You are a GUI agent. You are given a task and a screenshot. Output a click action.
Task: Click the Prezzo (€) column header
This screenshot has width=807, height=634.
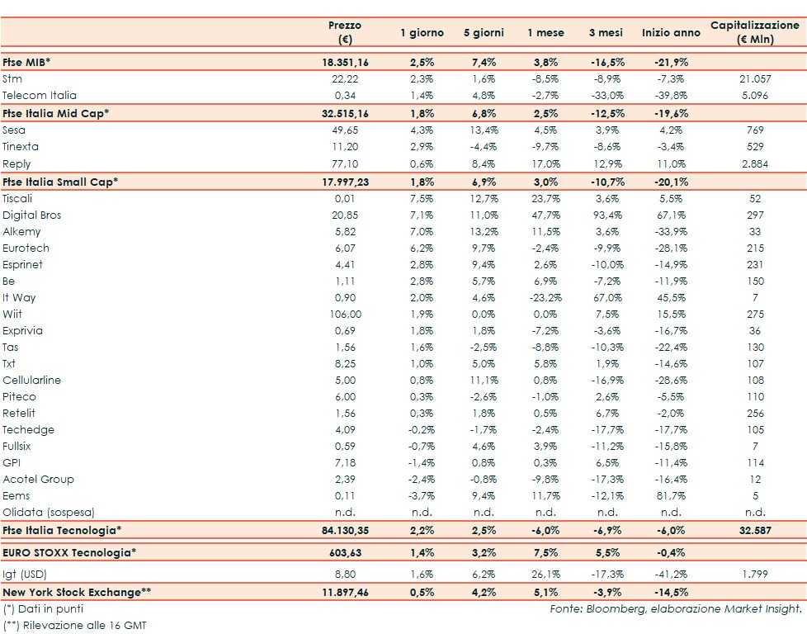345,33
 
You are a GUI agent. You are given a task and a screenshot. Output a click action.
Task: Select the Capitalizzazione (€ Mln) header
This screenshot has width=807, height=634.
755,33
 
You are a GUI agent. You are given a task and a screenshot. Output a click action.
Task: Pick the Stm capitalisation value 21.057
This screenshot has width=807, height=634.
755,79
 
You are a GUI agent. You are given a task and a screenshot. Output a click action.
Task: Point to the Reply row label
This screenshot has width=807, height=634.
17,163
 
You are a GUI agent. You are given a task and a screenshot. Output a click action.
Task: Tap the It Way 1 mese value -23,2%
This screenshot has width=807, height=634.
546,297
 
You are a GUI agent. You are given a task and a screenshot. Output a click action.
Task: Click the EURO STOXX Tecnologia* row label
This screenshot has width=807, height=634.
68,551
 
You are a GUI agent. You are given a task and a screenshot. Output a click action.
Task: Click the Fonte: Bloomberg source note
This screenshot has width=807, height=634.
676,608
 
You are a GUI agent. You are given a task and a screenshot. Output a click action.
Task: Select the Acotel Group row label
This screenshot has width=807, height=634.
38,479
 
